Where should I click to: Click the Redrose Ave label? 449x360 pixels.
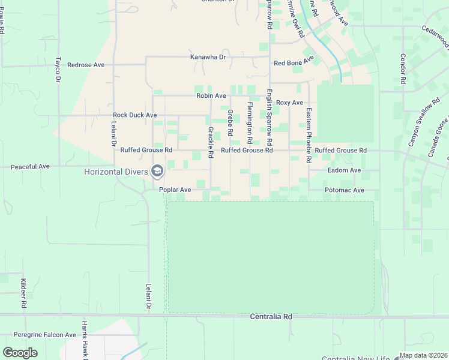pos(86,65)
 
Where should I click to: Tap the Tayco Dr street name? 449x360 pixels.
pos(58,70)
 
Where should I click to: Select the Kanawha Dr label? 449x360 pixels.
pos(208,57)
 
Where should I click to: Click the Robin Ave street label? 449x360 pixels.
pos(211,95)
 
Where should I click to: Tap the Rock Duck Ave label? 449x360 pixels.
pos(134,115)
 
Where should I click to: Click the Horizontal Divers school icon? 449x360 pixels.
pos(158,172)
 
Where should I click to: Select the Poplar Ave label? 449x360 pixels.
pos(175,190)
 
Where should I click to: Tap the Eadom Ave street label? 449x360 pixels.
pos(344,170)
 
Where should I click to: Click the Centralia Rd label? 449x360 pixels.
pos(271,316)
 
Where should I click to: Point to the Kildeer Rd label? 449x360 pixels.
pos(23,293)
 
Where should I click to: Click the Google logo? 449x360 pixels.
pos(20,352)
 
